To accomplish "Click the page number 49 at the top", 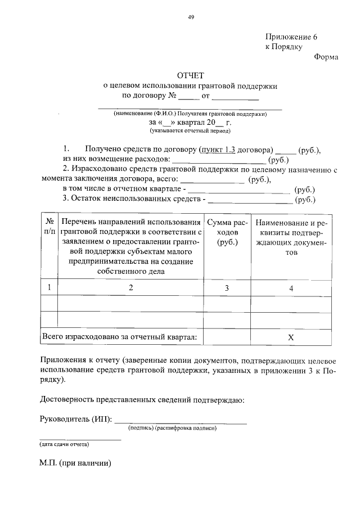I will click(191, 17).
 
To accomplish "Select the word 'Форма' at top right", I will click(326, 56).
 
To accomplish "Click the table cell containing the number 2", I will click(130, 288).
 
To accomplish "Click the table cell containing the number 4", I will click(291, 288).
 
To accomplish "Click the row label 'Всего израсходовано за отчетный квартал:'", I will click(120, 337).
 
